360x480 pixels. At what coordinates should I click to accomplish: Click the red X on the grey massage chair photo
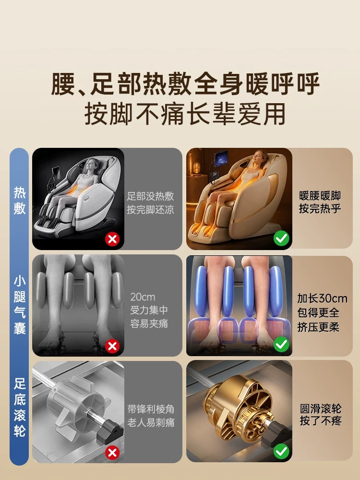pos(112,239)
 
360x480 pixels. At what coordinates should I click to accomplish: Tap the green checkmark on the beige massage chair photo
pos(281,238)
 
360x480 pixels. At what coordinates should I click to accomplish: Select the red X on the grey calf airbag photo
pos(112,346)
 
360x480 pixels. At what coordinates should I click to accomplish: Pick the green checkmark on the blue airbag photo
pos(281,345)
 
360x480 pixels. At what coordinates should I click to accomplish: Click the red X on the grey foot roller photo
pos(112,453)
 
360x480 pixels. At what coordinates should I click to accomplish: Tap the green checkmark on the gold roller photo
pos(281,451)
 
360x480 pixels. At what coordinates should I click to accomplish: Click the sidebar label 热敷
pos(19,201)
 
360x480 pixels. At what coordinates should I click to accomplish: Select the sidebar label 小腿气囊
pos(19,305)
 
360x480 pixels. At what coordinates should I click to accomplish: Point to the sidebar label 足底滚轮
pos(19,408)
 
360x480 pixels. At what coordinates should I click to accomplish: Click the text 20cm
pos(143,297)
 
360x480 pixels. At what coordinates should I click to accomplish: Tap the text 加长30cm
pos(323,298)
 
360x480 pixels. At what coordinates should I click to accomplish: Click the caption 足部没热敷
pos(151,196)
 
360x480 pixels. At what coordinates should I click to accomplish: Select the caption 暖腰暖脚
pos(320,196)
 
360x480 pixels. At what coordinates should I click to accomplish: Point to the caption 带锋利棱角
pos(151,409)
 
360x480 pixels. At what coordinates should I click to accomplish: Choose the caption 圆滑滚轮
pos(321,408)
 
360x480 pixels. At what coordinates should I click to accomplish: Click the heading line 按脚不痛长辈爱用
pos(185,114)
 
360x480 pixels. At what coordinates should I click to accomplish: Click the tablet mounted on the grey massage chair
pos(56,174)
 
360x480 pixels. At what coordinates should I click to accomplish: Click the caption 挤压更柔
pos(318,327)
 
